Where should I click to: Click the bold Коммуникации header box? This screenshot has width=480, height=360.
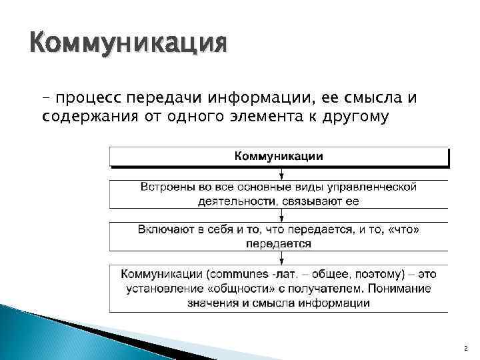(x=279, y=156)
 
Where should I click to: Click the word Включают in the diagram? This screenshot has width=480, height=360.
(x=163, y=229)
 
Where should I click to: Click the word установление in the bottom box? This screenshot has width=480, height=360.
(x=161, y=288)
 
